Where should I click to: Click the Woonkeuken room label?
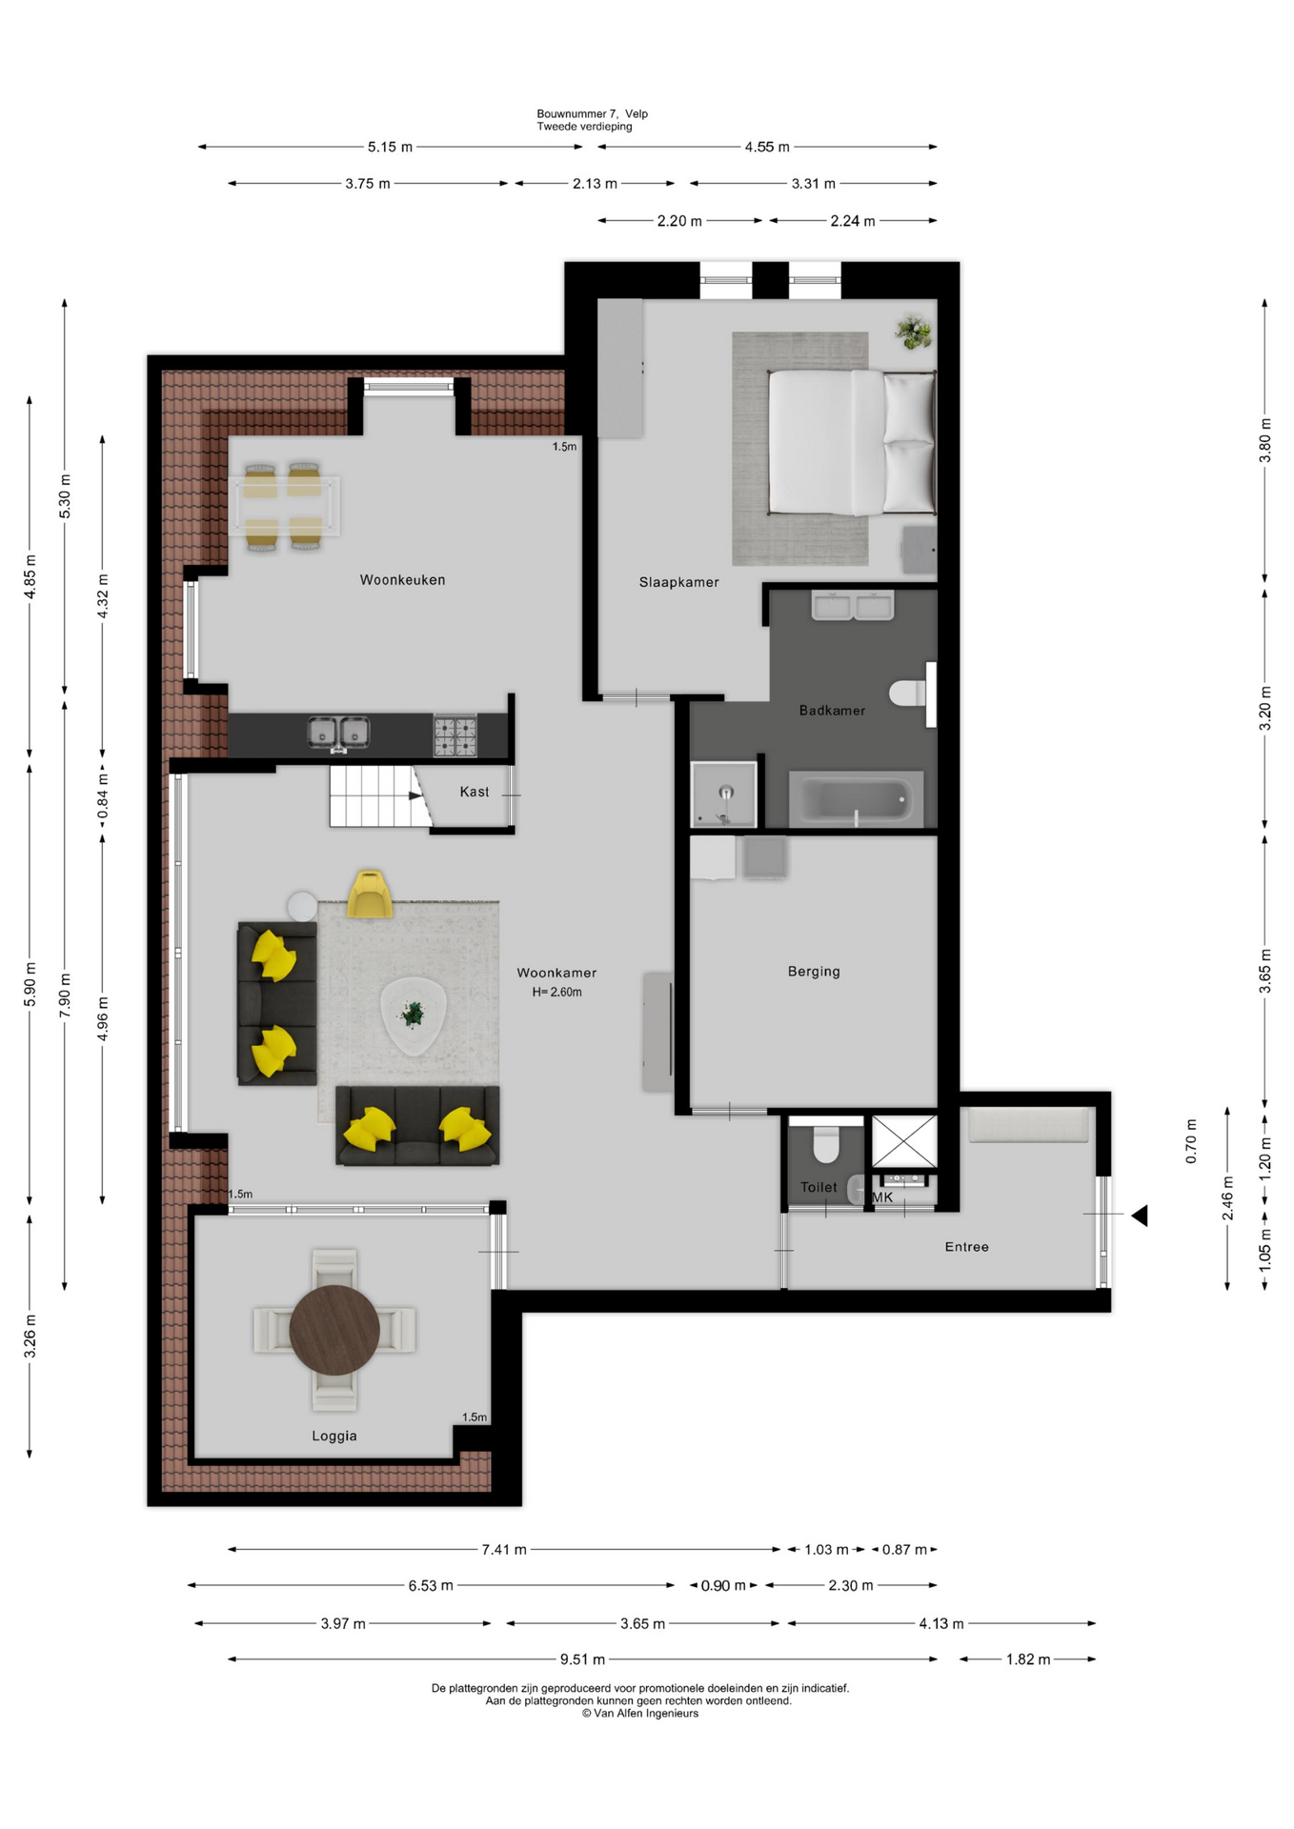402,580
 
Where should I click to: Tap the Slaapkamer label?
678,582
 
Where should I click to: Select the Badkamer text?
832,711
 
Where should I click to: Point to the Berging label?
814,972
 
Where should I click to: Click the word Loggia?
334,1437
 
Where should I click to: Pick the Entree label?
966,1247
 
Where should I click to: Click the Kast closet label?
474,792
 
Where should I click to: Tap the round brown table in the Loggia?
334,1331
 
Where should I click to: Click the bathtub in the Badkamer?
856,799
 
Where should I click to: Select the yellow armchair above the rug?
369,894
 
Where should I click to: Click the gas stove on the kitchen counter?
455,735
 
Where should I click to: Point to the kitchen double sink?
338,734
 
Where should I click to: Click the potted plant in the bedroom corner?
914,332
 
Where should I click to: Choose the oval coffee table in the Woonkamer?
413,1015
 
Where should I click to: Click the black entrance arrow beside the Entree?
1140,1216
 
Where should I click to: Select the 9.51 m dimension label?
582,1659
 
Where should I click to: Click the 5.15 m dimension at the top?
390,148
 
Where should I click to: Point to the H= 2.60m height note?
556,993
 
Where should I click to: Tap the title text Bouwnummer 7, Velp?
592,114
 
